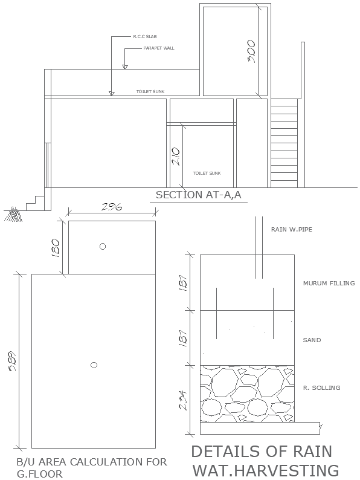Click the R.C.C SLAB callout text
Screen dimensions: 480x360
click(145, 37)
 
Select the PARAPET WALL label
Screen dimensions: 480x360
click(158, 48)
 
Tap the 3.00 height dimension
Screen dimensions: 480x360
click(252, 53)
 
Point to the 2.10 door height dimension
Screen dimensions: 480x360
click(175, 157)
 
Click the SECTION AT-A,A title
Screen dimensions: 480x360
click(198, 195)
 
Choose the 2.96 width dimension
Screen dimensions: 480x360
click(112, 207)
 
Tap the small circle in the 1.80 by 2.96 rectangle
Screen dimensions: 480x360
click(103, 246)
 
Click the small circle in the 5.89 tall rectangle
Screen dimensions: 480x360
click(94, 365)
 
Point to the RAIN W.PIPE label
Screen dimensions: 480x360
click(292, 230)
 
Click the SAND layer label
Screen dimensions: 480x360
click(312, 340)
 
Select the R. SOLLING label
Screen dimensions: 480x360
click(321, 388)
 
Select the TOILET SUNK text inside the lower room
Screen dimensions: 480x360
click(207, 173)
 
